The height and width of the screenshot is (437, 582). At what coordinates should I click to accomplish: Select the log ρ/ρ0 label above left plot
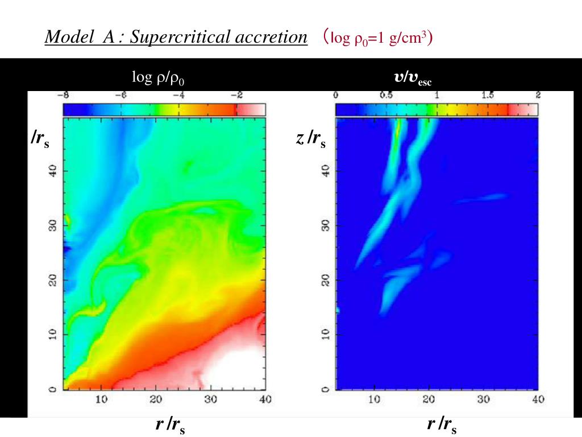[x=159, y=77]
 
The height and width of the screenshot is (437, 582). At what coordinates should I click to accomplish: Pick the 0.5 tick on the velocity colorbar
[x=386, y=95]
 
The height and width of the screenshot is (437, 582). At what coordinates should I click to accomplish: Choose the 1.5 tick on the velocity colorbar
[x=487, y=95]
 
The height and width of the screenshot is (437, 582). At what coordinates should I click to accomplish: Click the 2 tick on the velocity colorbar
[x=537, y=95]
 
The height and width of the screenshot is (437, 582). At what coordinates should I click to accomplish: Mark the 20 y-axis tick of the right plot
[x=326, y=280]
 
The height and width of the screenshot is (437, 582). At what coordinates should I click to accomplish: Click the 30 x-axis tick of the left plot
[x=210, y=400]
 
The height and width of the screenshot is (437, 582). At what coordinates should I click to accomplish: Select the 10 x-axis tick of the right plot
[x=374, y=400]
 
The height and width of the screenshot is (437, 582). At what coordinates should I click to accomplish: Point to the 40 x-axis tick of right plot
[x=538, y=400]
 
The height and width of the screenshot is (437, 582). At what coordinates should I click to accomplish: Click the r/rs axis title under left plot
[x=170, y=425]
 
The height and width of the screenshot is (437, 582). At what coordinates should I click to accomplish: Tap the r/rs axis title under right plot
[x=442, y=425]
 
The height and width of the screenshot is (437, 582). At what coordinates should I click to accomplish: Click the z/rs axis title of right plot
[x=311, y=138]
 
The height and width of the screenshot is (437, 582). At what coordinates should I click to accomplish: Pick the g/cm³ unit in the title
[x=409, y=39]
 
